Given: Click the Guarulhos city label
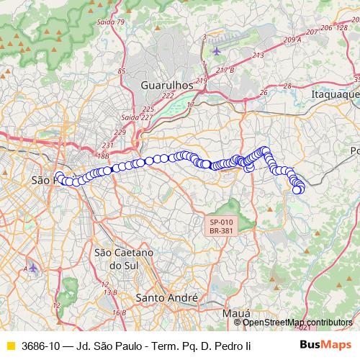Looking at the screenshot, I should click(x=167, y=84).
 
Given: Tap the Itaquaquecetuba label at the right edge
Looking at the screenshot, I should click(x=335, y=94).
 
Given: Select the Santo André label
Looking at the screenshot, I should click(x=167, y=297).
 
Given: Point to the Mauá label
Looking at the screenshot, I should click(x=237, y=314).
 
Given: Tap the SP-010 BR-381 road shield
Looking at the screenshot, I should click(x=222, y=226).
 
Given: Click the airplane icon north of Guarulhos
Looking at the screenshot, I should click(x=217, y=51).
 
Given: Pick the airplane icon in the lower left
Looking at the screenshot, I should click(x=33, y=268).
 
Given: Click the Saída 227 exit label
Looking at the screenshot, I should click(x=136, y=117).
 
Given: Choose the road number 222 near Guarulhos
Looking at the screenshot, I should click(x=168, y=96).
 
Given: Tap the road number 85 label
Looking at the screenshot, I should click(x=122, y=71).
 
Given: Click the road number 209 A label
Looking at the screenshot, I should click(x=292, y=40).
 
